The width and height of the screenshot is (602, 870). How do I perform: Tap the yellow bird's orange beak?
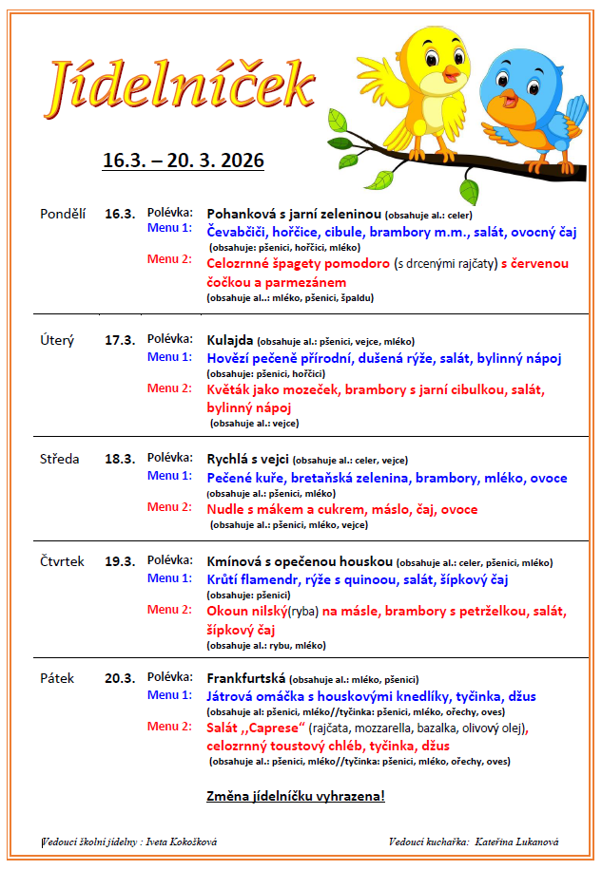point(450,72)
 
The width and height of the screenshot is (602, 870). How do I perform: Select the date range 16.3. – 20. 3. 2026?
point(184,160)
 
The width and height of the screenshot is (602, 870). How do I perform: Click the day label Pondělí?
point(63,214)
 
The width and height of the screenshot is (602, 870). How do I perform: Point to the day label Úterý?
point(57,340)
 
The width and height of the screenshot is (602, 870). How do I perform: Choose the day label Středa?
point(60,459)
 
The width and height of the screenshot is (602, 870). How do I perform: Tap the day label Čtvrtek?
point(62,561)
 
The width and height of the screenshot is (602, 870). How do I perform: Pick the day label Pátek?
point(57,678)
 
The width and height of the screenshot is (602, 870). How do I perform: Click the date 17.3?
point(120,340)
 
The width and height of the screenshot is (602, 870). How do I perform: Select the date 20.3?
point(120,678)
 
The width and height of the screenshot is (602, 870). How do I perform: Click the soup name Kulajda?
point(229,340)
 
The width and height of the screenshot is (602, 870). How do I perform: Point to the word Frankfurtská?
point(246,678)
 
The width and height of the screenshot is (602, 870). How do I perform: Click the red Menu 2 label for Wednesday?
point(169,507)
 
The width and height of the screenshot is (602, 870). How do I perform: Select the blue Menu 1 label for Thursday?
point(169,577)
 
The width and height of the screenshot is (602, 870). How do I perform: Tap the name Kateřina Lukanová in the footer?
point(518,842)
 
